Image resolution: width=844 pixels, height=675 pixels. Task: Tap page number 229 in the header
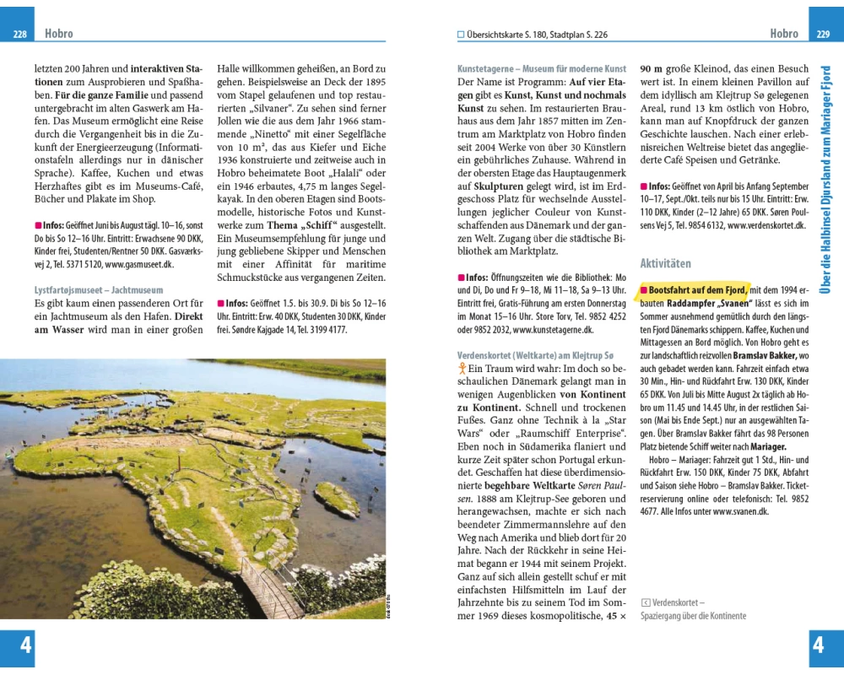(x=824, y=35)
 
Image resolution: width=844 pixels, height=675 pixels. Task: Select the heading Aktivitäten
(x=665, y=264)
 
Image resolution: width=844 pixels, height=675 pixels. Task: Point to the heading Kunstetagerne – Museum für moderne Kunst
(x=541, y=68)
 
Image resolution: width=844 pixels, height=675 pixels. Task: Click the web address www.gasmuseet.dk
(x=139, y=264)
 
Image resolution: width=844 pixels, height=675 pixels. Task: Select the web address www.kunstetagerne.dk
(x=553, y=330)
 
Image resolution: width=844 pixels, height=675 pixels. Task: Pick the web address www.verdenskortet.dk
(x=766, y=226)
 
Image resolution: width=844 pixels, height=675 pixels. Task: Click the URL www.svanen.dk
(x=740, y=510)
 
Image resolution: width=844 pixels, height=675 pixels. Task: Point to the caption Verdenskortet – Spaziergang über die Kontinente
(x=693, y=609)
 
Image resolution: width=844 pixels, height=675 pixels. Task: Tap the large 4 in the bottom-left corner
(x=26, y=645)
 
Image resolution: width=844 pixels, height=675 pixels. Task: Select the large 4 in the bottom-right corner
(x=817, y=645)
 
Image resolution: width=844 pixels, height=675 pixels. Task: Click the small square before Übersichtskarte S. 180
(x=461, y=35)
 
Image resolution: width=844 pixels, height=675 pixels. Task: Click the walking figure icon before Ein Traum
(x=462, y=369)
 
